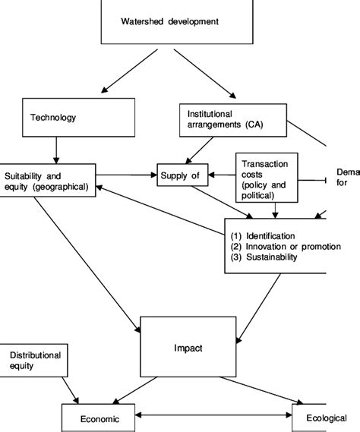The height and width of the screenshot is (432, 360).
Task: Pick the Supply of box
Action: [x=180, y=177]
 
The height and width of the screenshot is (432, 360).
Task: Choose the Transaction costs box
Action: [x=267, y=179]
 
